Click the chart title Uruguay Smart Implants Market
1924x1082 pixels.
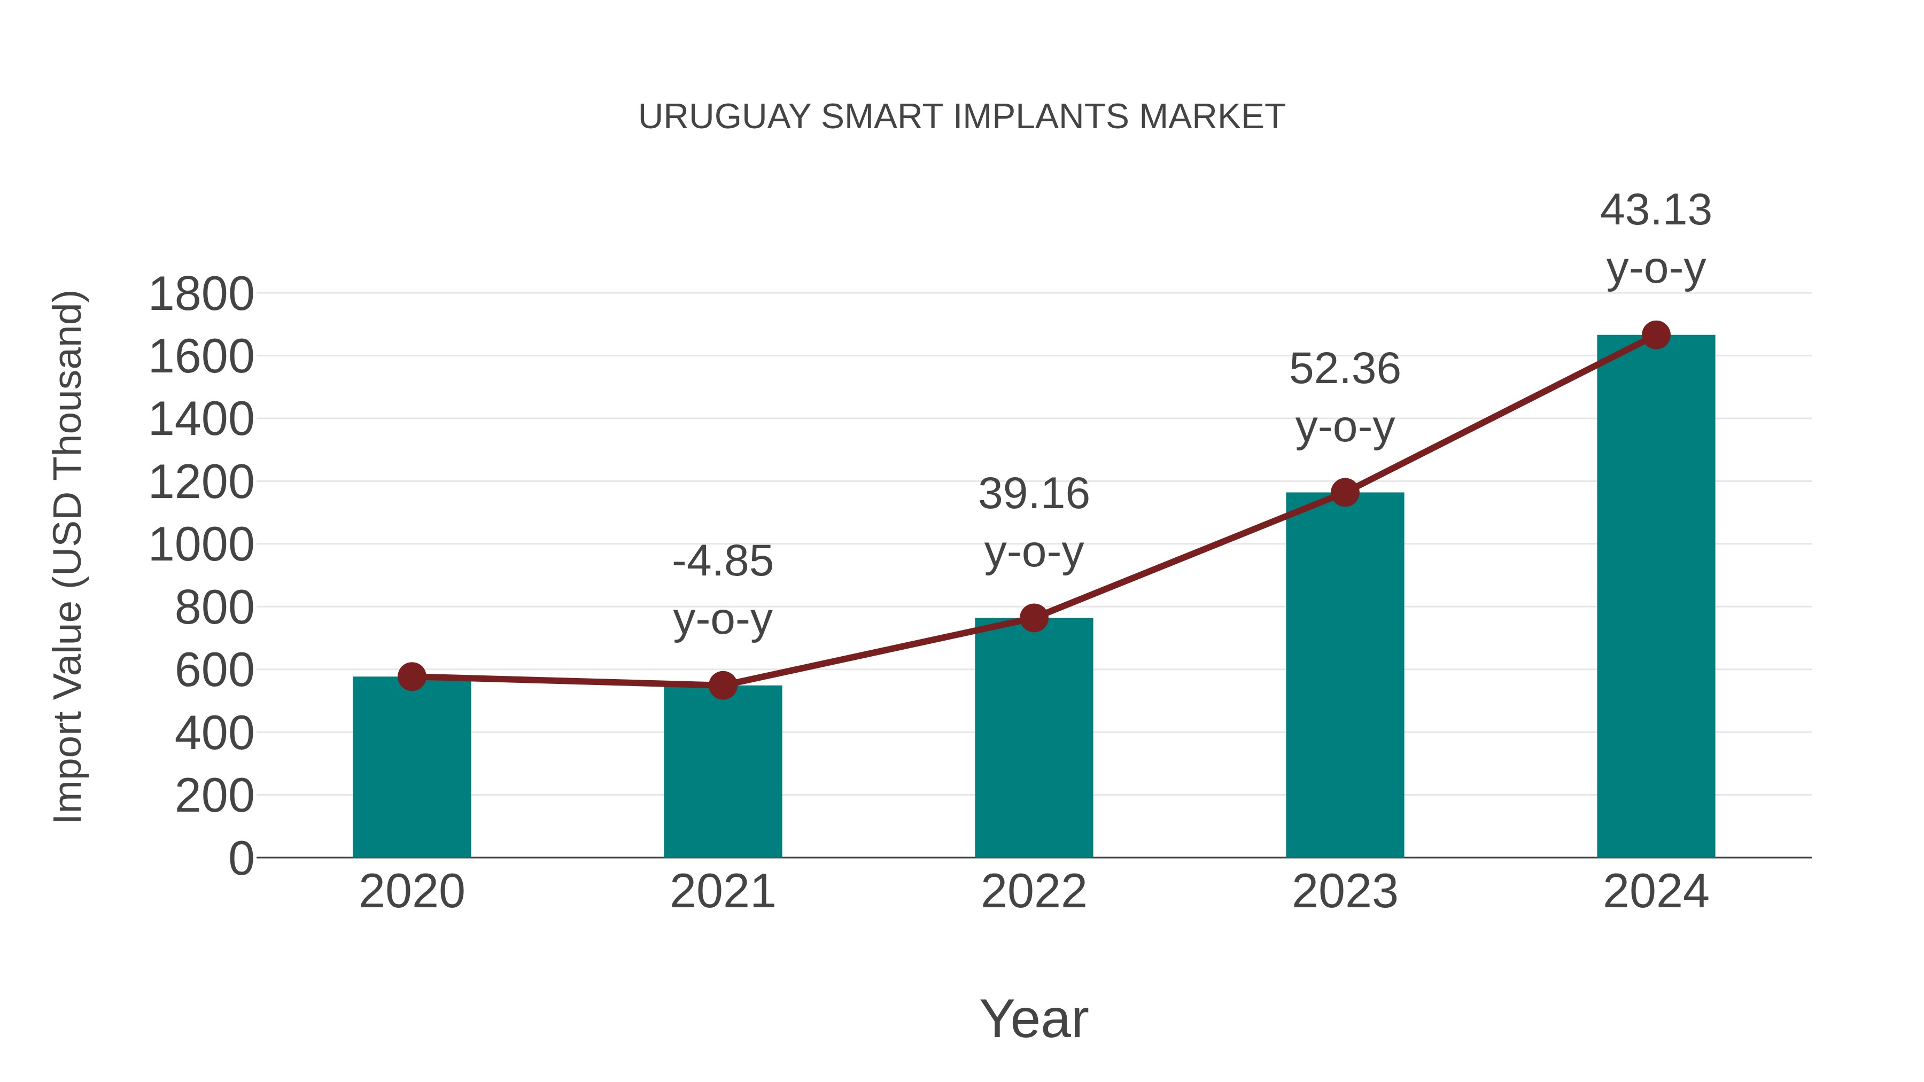pyautogui.click(x=961, y=117)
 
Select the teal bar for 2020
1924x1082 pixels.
pyautogui.click(x=412, y=769)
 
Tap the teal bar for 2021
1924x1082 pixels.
pyautogui.click(x=722, y=773)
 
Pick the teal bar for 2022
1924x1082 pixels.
pyautogui.click(x=1033, y=740)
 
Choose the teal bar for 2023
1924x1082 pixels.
pyautogui.click(x=1345, y=676)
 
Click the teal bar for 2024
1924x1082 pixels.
pyautogui.click(x=1655, y=597)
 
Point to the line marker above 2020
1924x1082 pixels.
pyautogui.click(x=412, y=676)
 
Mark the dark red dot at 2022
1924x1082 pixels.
pyautogui.click(x=1033, y=618)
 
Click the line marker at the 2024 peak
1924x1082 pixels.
pyautogui.click(x=1656, y=335)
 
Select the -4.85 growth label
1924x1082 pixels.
pyautogui.click(x=722, y=562)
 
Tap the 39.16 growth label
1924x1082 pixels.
pyautogui.click(x=1034, y=494)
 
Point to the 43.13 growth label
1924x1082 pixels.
pyautogui.click(x=1655, y=211)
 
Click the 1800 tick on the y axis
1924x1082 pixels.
pyautogui.click(x=201, y=294)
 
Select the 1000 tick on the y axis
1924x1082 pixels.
pyautogui.click(x=201, y=545)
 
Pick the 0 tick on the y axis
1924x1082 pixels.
pyautogui.click(x=241, y=859)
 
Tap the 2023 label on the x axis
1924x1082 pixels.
pyautogui.click(x=1345, y=892)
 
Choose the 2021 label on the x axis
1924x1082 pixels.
pyautogui.click(x=722, y=892)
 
